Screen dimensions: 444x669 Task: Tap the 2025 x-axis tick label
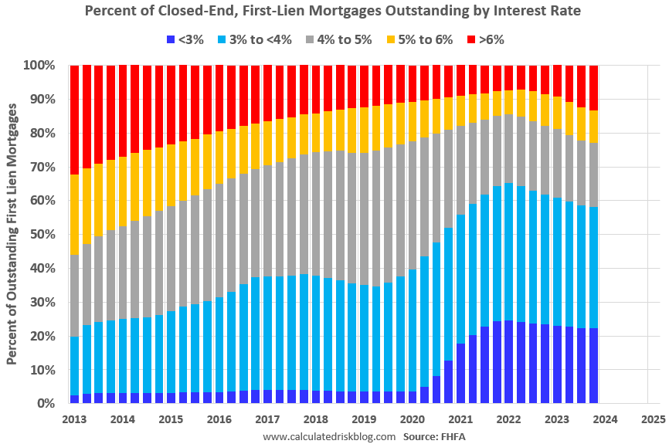click(651, 420)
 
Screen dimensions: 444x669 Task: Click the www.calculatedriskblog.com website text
click(329, 436)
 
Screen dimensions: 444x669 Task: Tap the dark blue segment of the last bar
click(593, 366)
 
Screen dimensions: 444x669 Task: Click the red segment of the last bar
click(593, 88)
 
